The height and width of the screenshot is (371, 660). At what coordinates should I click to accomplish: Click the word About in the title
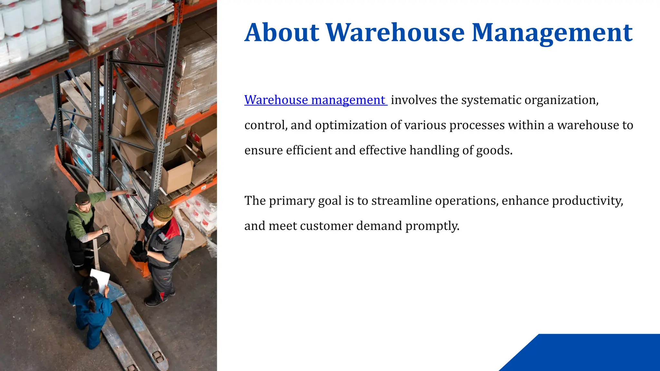click(282, 33)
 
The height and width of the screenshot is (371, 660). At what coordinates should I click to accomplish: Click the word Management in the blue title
click(552, 33)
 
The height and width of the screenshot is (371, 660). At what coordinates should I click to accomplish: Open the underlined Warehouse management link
click(315, 100)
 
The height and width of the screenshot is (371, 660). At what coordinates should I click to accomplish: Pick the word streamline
click(401, 201)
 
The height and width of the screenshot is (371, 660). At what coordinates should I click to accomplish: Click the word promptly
click(432, 226)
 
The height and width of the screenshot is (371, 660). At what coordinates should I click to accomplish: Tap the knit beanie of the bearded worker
click(163, 213)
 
